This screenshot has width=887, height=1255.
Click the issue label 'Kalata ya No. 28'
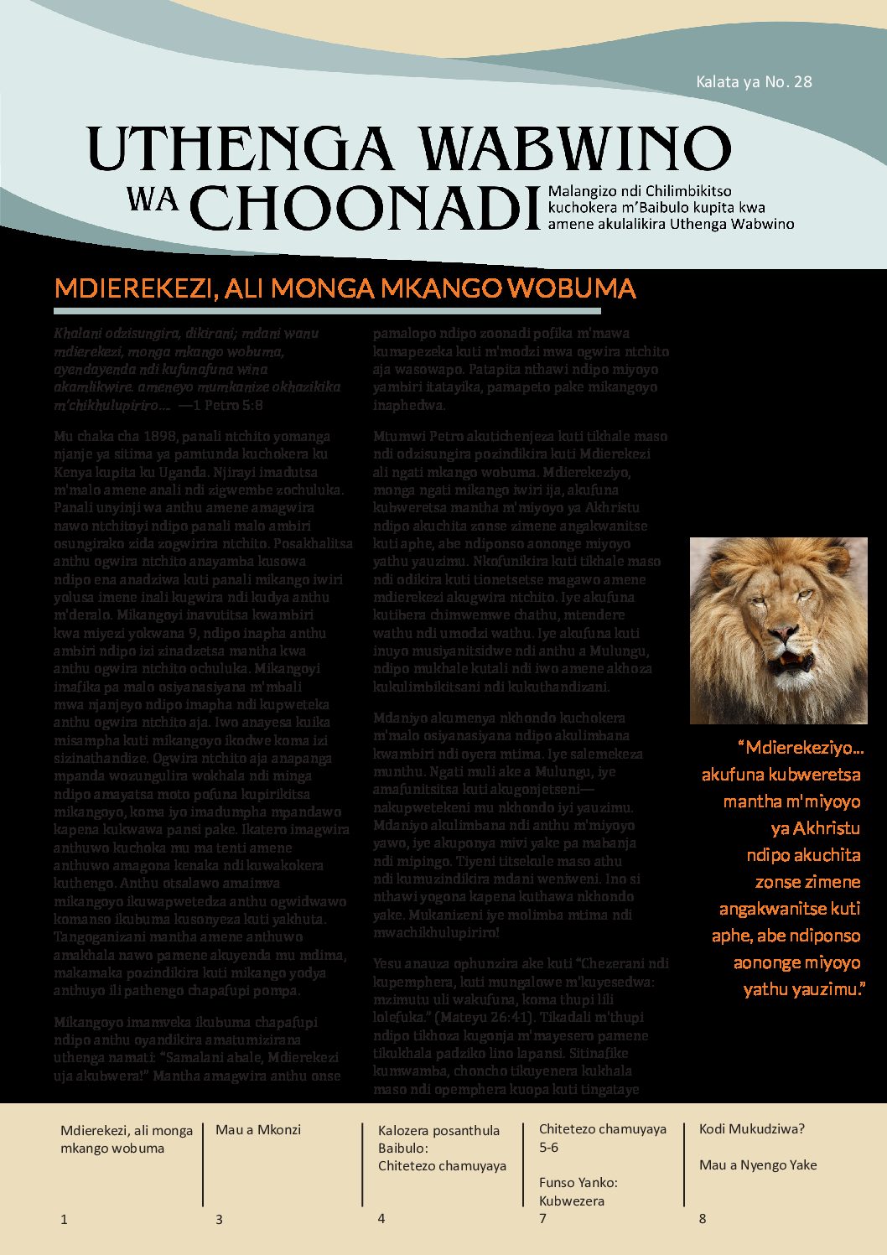(x=754, y=82)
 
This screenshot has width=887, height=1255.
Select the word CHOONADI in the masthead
(x=366, y=207)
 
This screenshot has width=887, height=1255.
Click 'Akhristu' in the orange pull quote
(x=816, y=828)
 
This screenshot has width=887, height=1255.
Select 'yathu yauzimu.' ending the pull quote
(x=803, y=989)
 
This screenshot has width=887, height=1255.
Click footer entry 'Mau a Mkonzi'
(x=258, y=1129)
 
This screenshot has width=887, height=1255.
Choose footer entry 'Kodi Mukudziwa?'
(x=751, y=1128)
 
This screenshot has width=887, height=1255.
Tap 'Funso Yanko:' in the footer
(x=578, y=1183)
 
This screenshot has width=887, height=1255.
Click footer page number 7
(x=543, y=1218)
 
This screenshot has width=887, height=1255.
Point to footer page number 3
(x=219, y=1220)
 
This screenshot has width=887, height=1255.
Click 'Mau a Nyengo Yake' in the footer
(x=757, y=1164)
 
